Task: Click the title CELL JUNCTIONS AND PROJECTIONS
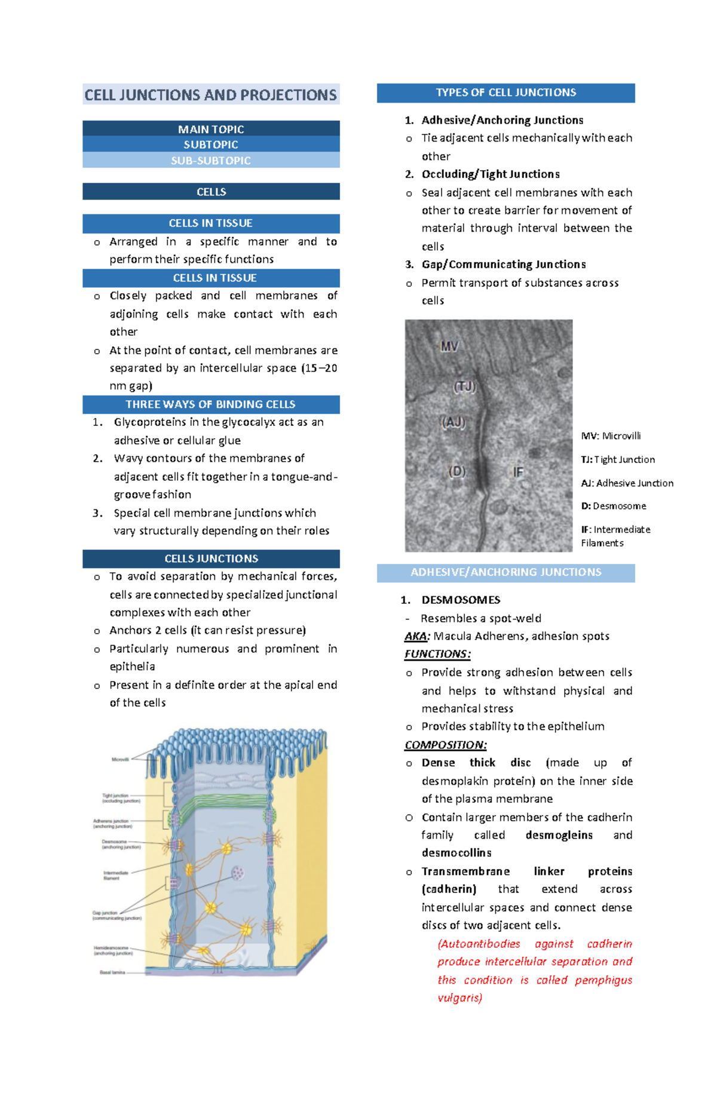(x=210, y=95)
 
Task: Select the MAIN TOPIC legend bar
(x=210, y=129)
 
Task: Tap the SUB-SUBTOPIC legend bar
(x=210, y=161)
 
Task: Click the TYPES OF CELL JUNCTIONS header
(x=505, y=93)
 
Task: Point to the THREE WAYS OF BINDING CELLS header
(x=210, y=404)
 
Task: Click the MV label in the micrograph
(x=449, y=346)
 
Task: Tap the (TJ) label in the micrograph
(x=464, y=387)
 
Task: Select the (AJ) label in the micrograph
(x=452, y=423)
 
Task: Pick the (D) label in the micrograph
(x=456, y=471)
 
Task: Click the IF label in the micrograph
(x=517, y=472)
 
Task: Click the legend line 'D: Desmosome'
(x=613, y=506)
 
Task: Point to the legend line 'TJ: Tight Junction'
(x=617, y=459)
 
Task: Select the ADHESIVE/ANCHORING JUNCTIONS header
(x=505, y=572)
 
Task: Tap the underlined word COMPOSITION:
(x=445, y=745)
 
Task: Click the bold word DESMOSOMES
(x=461, y=600)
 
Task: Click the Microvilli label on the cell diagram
(x=120, y=760)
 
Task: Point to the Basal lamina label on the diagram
(x=112, y=972)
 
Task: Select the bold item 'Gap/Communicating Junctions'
(x=503, y=265)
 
